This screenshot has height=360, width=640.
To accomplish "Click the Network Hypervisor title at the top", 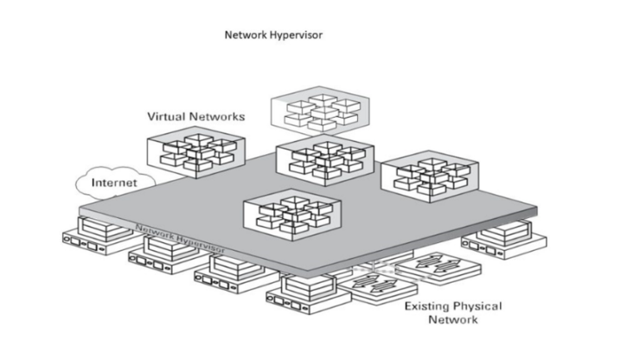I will pyautogui.click(x=273, y=35).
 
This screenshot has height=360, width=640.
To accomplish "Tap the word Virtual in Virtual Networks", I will pyautogui.click(x=166, y=116).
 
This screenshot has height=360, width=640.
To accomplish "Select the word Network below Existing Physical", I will pyautogui.click(x=452, y=319).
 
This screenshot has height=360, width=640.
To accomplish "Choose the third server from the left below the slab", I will pyautogui.click(x=227, y=271).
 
